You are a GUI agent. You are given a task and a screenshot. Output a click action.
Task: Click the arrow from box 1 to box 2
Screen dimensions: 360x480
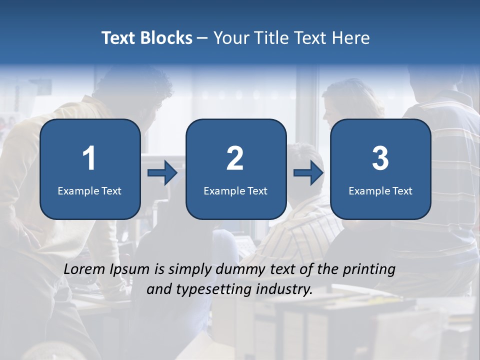click(162, 173)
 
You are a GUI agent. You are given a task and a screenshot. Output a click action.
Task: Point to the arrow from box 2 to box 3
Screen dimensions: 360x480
click(308, 173)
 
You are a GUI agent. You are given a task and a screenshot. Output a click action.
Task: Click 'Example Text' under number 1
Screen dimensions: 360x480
click(89, 190)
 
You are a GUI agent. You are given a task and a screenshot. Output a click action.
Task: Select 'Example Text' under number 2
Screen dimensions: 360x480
click(235, 190)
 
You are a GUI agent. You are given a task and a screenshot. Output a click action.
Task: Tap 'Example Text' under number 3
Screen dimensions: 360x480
click(380, 190)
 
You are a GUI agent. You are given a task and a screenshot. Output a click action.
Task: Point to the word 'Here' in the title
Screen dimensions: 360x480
click(352, 37)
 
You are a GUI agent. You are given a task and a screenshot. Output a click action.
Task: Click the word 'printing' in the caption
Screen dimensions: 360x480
click(369, 269)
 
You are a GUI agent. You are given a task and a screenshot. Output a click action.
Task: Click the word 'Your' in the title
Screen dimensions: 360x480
click(229, 37)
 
